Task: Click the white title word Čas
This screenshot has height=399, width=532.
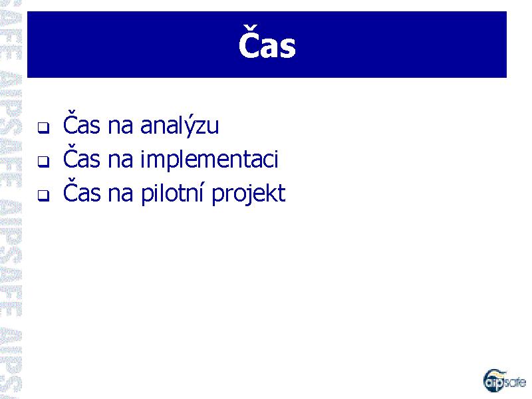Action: click(267, 43)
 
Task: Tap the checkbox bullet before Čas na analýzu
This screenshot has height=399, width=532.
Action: click(43, 128)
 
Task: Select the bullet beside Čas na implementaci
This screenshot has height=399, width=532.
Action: click(43, 162)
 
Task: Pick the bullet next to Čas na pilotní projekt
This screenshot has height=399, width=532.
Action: click(43, 196)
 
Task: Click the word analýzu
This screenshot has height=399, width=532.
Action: click(180, 125)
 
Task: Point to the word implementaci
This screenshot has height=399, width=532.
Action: click(209, 159)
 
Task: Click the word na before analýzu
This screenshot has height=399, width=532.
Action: click(120, 126)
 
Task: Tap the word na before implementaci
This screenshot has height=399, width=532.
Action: click(120, 160)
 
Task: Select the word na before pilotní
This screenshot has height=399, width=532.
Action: click(120, 194)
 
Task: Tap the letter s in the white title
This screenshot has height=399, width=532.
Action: click(288, 47)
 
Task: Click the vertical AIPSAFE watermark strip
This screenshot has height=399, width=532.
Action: click(11, 199)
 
